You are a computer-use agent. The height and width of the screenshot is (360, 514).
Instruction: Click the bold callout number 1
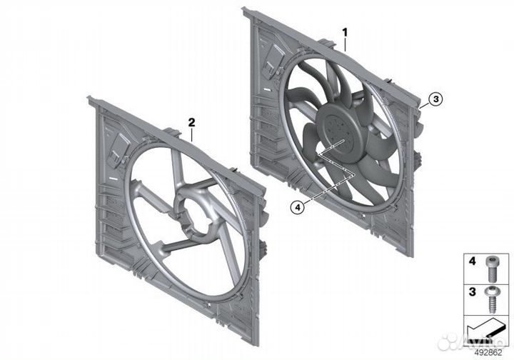pos(345,32)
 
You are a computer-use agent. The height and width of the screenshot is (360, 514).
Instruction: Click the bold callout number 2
pos(191,123)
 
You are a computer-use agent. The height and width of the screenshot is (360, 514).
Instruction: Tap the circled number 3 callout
pos(435,99)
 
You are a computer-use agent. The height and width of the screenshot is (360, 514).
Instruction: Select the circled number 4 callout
pos(297,207)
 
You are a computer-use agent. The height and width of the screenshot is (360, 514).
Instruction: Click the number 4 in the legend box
pos(472,261)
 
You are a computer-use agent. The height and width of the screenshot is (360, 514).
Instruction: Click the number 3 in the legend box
pos(472,291)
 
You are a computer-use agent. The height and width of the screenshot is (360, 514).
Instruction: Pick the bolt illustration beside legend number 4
pos(490,269)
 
